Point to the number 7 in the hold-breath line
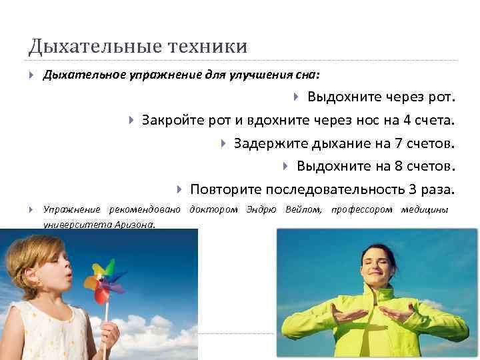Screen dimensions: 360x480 click(x=399, y=144)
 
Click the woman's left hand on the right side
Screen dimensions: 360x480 click(x=397, y=313)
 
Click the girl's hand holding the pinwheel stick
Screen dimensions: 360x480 click(x=109, y=334)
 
